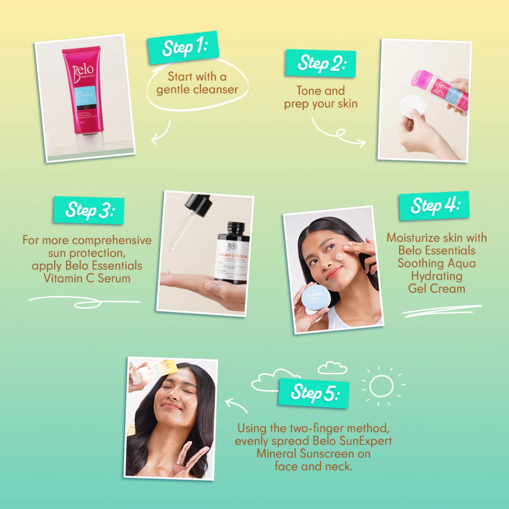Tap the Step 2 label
click(x=321, y=63)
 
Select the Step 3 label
click(x=88, y=210)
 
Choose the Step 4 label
click(x=434, y=205)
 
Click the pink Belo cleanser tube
click(x=84, y=92)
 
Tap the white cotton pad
click(x=413, y=105)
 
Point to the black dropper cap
click(x=198, y=205)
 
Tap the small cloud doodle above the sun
click(x=332, y=368)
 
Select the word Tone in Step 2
click(x=307, y=91)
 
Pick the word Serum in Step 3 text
click(x=113, y=278)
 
